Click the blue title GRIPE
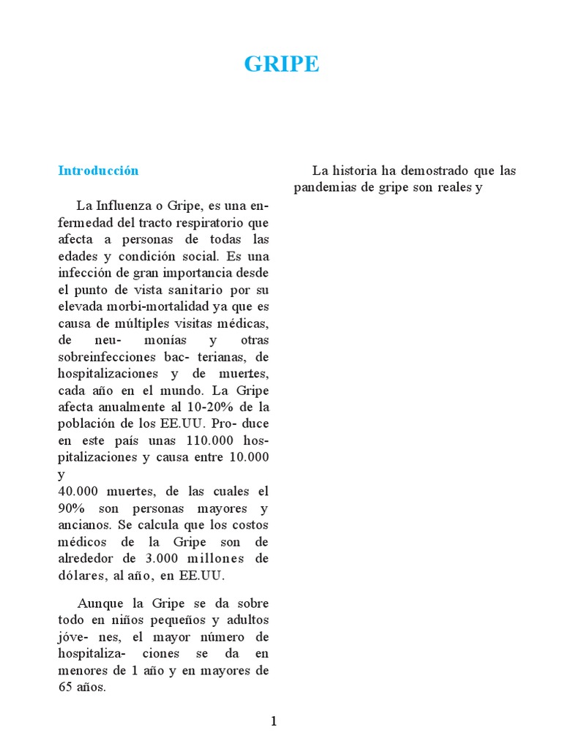[282, 64]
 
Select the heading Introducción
[98, 170]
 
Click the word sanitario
[190, 289]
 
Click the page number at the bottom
[274, 722]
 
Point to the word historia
[355, 170]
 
